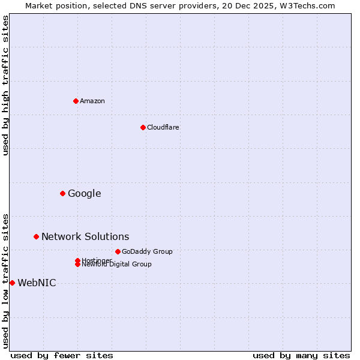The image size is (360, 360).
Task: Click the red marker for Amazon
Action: click(76, 101)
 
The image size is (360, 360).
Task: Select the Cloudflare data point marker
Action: click(143, 127)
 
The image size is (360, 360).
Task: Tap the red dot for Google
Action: click(62, 193)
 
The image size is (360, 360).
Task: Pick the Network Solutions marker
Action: click(36, 236)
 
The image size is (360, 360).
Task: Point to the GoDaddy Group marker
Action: click(118, 251)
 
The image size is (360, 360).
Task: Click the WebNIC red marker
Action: click(12, 283)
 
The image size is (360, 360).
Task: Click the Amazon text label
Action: click(92, 101)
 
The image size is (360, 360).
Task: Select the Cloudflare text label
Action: click(163, 127)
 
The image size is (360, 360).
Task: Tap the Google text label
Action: click(85, 193)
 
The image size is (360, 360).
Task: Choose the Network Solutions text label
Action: click(85, 236)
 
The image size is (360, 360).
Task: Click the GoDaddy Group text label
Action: click(147, 251)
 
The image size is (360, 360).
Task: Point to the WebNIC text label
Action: click(37, 283)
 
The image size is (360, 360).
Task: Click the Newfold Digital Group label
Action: click(117, 265)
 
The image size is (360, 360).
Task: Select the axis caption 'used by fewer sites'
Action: click(62, 355)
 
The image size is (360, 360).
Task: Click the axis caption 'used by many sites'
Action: click(301, 355)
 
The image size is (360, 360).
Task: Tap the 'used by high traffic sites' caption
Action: click(6, 86)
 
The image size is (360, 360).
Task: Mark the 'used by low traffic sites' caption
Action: click(6, 281)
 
